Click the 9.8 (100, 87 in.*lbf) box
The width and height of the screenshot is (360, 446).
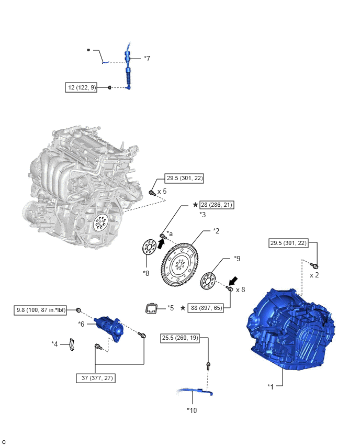(44, 310)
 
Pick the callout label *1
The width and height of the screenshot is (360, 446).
(271, 386)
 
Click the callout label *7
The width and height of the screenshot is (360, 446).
(147, 59)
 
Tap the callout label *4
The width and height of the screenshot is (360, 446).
(54, 343)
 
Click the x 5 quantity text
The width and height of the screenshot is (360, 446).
(162, 191)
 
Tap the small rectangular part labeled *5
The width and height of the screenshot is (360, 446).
(153, 309)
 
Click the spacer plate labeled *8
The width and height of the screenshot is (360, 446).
(148, 248)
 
